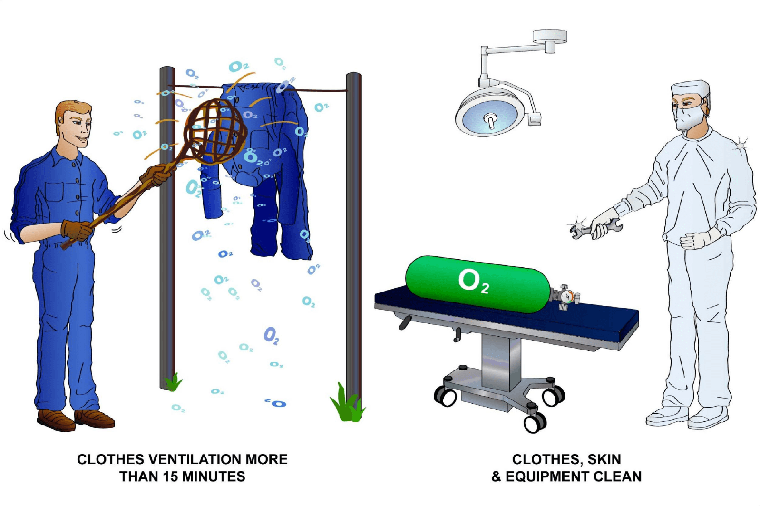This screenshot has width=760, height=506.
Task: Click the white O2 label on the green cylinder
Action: (474, 281)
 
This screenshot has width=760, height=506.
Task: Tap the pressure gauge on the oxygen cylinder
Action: (568, 297)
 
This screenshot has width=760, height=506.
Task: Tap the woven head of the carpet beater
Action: (215, 131)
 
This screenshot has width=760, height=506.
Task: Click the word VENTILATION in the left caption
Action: (195, 459)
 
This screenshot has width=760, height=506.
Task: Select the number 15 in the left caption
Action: (170, 477)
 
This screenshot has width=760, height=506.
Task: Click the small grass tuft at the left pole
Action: (174, 382)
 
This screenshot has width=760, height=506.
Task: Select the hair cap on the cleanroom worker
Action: (690, 89)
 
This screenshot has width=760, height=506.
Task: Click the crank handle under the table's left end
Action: (405, 322)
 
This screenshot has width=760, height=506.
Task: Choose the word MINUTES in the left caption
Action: (213, 477)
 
